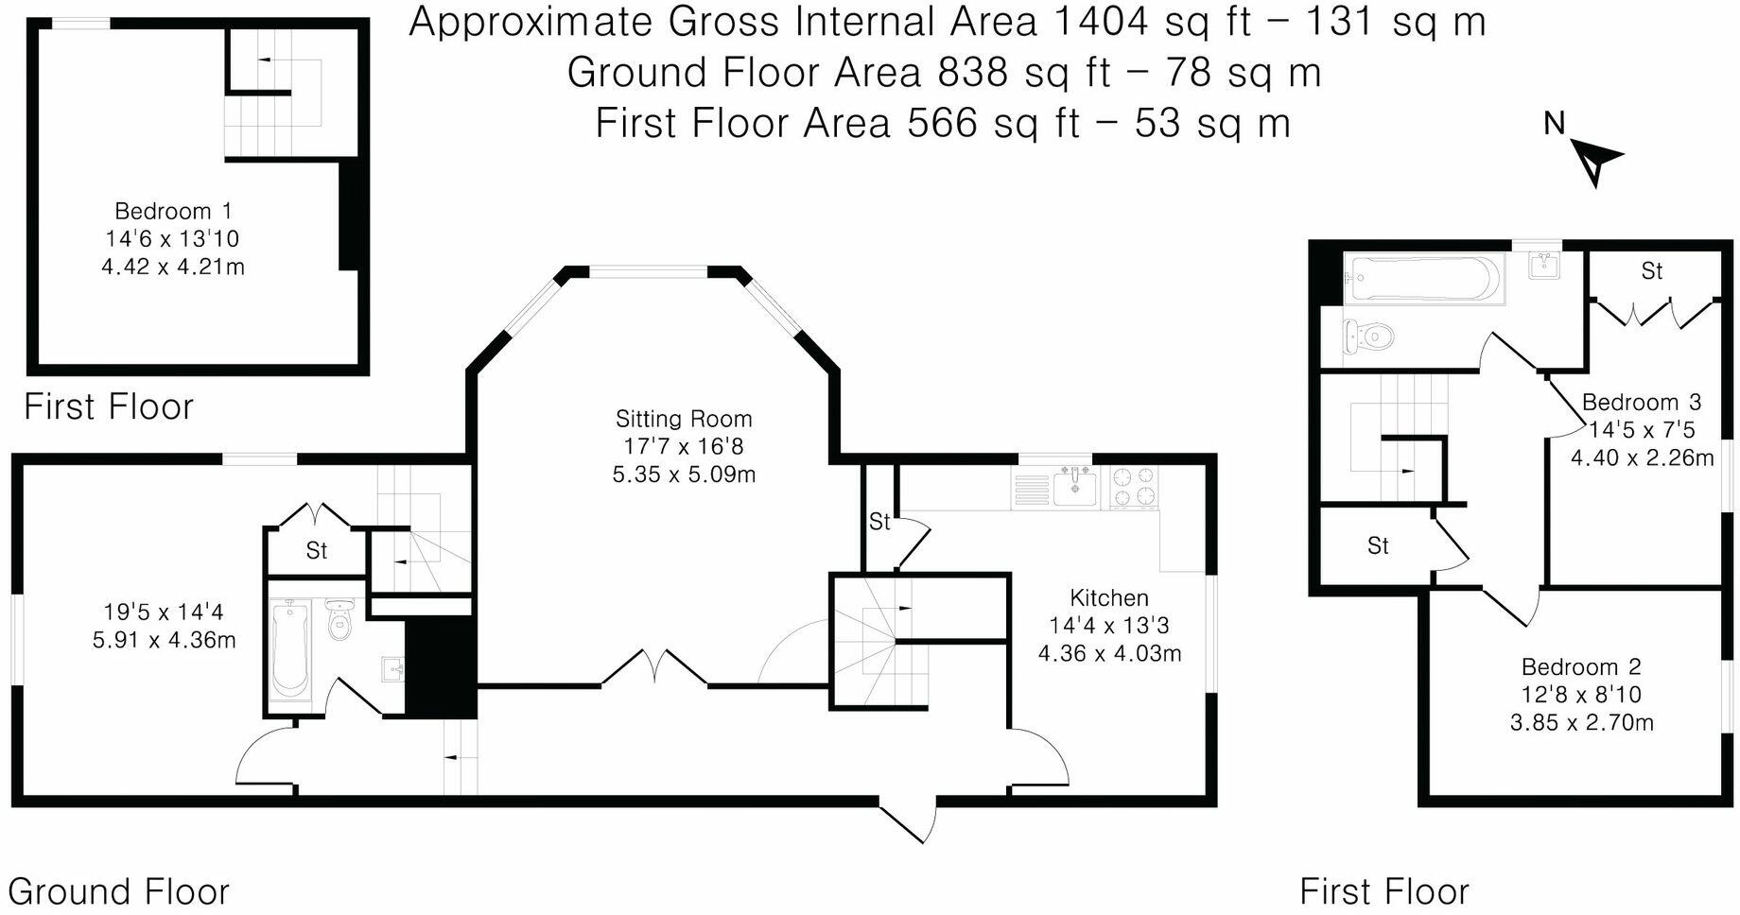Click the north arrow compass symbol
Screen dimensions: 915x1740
click(x=1595, y=163)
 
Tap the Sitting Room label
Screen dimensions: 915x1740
click(x=684, y=419)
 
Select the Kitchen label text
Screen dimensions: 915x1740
click(x=1109, y=598)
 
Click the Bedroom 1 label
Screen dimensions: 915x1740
click(x=173, y=211)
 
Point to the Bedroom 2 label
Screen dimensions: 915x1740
click(x=1581, y=667)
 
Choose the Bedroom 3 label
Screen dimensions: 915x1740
click(x=1642, y=402)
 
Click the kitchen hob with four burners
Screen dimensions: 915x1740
click(x=1134, y=488)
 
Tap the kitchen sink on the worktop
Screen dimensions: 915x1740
click(x=1075, y=487)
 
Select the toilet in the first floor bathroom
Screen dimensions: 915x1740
click(x=1368, y=336)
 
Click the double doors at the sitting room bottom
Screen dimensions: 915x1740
click(x=654, y=667)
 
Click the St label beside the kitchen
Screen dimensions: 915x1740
click(x=879, y=522)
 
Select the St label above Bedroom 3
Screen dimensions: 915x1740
click(x=1651, y=271)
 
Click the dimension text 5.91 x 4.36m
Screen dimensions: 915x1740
click(x=164, y=640)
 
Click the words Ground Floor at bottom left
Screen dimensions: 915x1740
click(x=118, y=891)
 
